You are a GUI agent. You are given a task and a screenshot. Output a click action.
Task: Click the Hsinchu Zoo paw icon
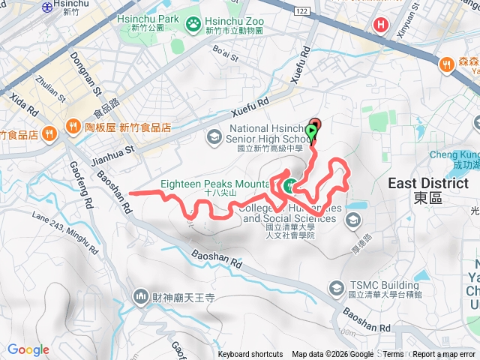pyautogui.click(x=194, y=25)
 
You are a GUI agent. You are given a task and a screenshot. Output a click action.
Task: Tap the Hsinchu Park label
pyautogui.click(x=145, y=19)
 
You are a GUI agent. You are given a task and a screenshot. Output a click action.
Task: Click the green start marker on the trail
pyautogui.click(x=310, y=132)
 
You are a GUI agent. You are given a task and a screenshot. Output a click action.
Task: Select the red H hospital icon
pyautogui.click(x=382, y=25)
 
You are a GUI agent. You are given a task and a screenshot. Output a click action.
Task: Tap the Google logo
pyautogui.click(x=28, y=350)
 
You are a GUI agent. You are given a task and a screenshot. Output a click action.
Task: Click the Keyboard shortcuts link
pyautogui.click(x=250, y=355)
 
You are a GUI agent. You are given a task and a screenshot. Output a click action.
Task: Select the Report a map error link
pyautogui.click(x=444, y=355)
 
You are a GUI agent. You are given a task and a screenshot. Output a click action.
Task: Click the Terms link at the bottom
pyautogui.click(x=393, y=355)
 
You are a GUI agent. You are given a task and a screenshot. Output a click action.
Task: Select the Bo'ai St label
pyautogui.click(x=225, y=53)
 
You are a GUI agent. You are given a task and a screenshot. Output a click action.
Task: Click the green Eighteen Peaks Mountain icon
pyautogui.click(x=289, y=187)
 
